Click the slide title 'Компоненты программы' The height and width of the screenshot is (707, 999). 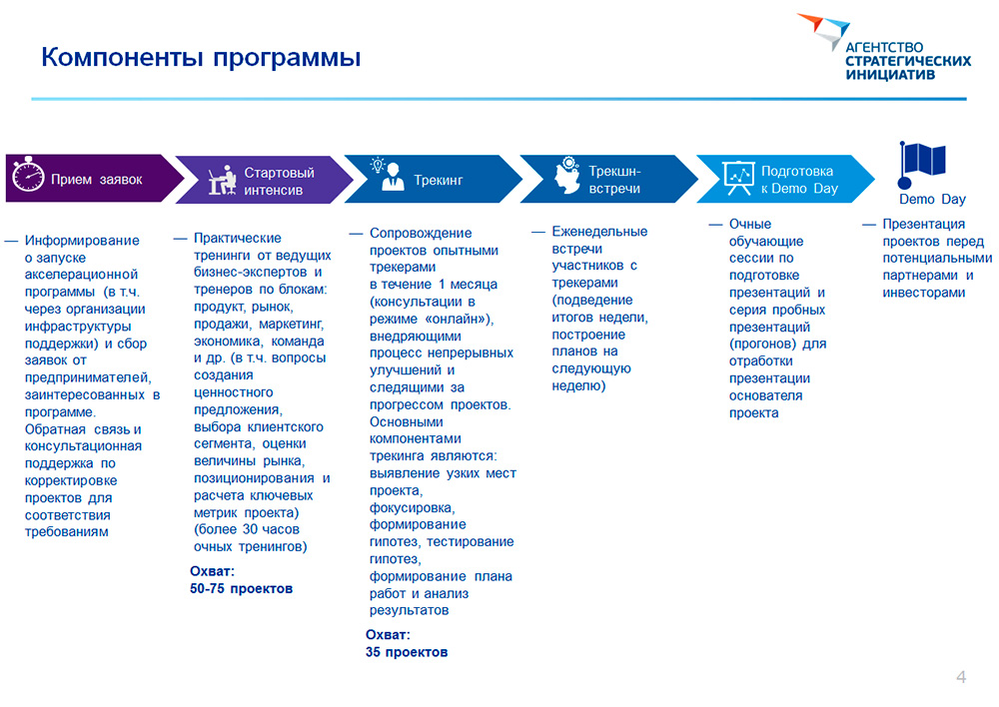(201, 57)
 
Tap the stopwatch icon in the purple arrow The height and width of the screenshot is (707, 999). (28, 174)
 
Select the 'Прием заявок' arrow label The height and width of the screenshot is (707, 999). (96, 180)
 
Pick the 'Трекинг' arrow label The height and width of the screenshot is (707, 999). (439, 181)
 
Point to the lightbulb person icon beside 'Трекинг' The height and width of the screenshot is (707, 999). (388, 174)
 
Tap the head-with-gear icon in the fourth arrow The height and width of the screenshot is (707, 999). (567, 175)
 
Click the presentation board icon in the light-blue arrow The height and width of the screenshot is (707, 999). (738, 178)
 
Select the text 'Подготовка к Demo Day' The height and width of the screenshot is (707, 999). (799, 180)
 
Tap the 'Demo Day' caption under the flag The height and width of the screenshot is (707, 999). (932, 200)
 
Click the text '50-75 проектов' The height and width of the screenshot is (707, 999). (241, 588)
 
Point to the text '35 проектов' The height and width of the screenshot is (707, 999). (407, 652)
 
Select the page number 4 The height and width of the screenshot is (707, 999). (961, 676)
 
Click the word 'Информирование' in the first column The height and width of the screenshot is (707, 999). (82, 240)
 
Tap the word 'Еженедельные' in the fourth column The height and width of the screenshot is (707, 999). (599, 232)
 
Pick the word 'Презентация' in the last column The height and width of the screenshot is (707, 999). (923, 225)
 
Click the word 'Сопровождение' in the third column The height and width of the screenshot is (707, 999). (421, 233)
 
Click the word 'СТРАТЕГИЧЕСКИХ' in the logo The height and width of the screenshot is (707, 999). (908, 61)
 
